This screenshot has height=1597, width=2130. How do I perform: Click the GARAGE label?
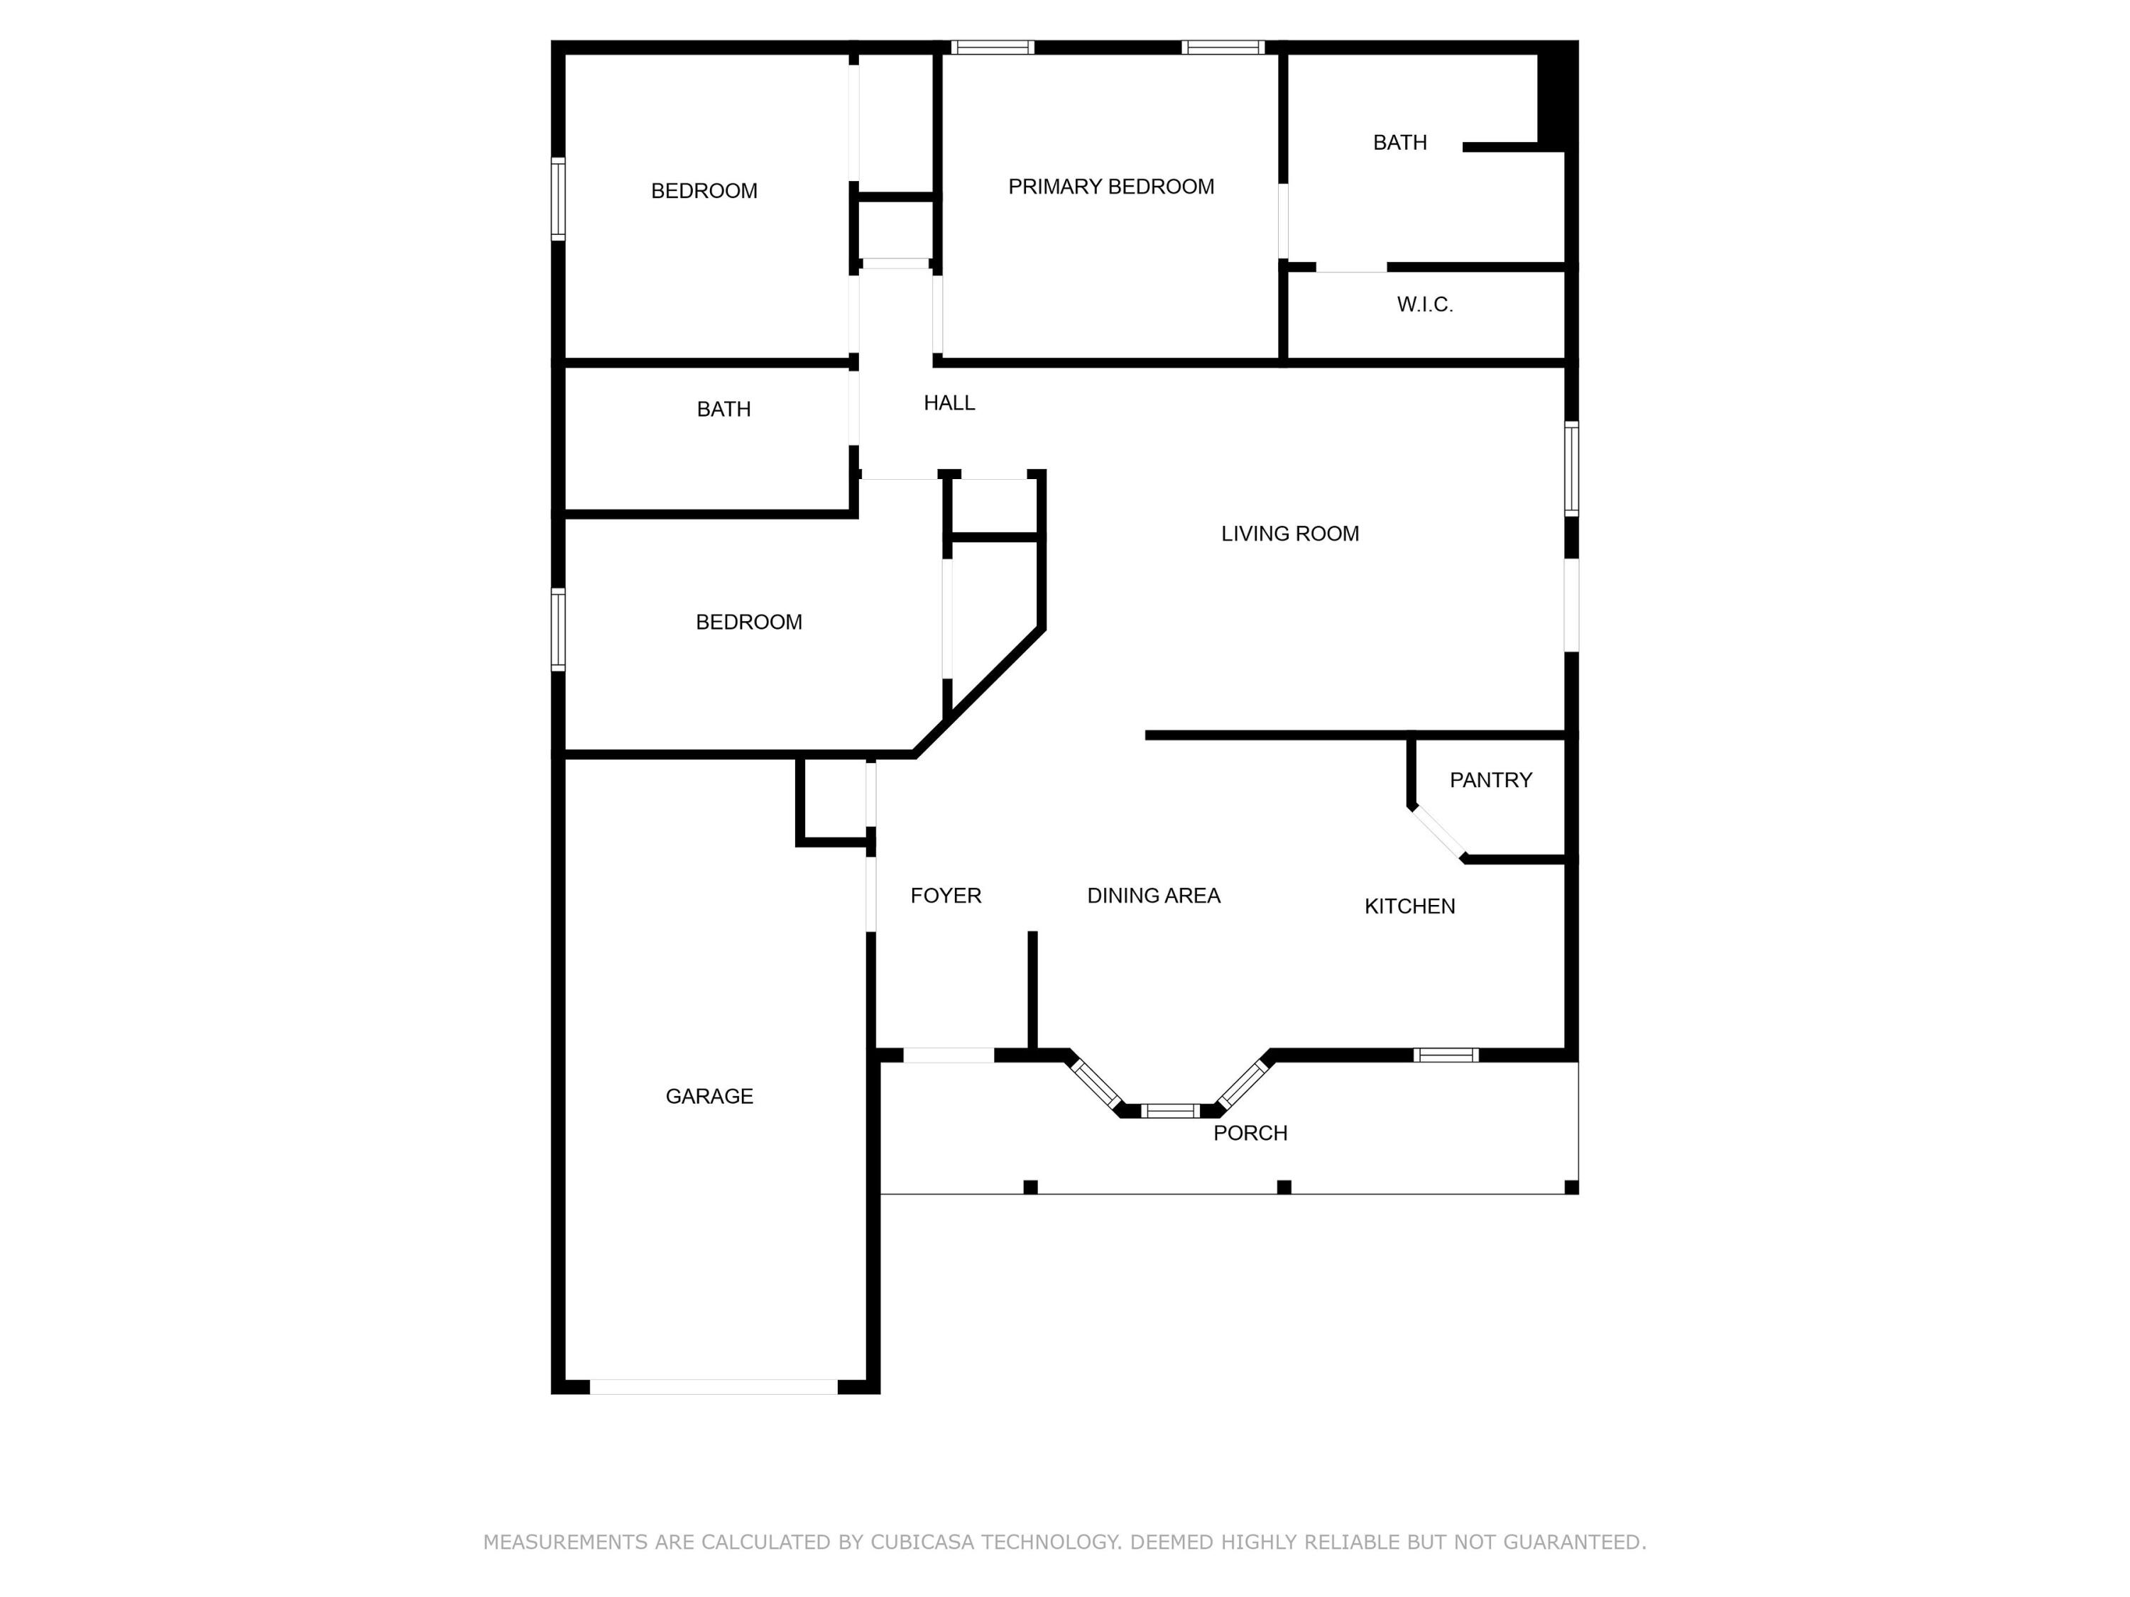709,1095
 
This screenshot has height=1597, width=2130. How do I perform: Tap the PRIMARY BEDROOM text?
1110,187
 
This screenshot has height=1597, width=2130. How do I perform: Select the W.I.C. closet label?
1424,304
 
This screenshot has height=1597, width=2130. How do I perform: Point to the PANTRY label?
1490,780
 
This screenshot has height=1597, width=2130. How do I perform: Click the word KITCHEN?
1409,906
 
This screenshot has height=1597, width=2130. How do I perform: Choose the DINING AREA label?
1152,895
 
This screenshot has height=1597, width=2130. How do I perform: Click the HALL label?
949,403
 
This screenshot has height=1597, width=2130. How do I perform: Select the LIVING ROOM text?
1289,533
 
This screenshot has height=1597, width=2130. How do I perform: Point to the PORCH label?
1249,1133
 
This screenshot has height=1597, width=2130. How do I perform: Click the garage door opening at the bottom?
714,1386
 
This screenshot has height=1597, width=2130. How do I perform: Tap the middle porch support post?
1283,1187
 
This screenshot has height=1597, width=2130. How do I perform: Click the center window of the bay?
1170,1111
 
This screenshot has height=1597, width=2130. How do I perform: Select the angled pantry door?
1438,832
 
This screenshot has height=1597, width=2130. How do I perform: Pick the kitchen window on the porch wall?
1446,1055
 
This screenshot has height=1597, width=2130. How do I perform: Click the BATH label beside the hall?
723,409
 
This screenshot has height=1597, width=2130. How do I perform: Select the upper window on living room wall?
1571,468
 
